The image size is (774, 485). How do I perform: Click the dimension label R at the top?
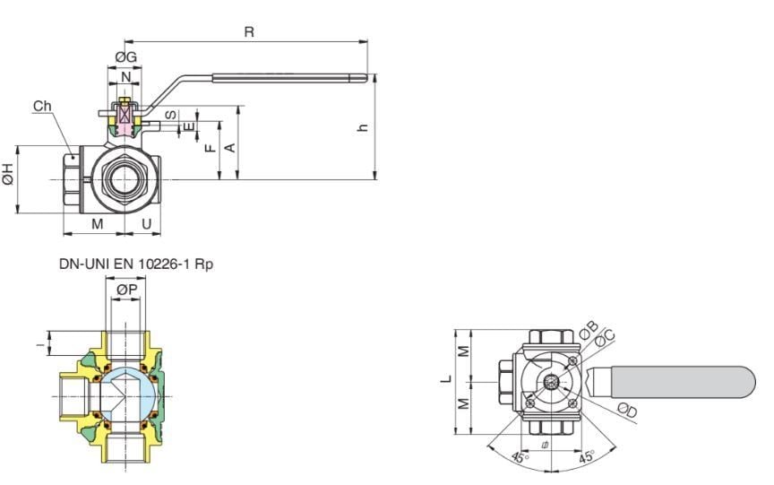[249, 31]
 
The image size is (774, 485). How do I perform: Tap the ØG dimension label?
[126, 57]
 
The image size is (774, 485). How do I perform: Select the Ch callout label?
[42, 106]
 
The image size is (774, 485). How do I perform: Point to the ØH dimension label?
[8, 175]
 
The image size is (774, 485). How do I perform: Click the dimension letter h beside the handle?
[363, 127]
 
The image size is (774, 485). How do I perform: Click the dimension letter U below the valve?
[146, 223]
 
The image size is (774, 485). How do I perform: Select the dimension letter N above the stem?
[125, 78]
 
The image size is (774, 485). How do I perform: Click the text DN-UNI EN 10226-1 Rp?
[136, 264]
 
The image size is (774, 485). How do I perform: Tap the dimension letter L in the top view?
[445, 377]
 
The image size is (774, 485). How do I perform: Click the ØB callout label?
[589, 329]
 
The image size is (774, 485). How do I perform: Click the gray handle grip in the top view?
[681, 380]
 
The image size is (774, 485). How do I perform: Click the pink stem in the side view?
[125, 117]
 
